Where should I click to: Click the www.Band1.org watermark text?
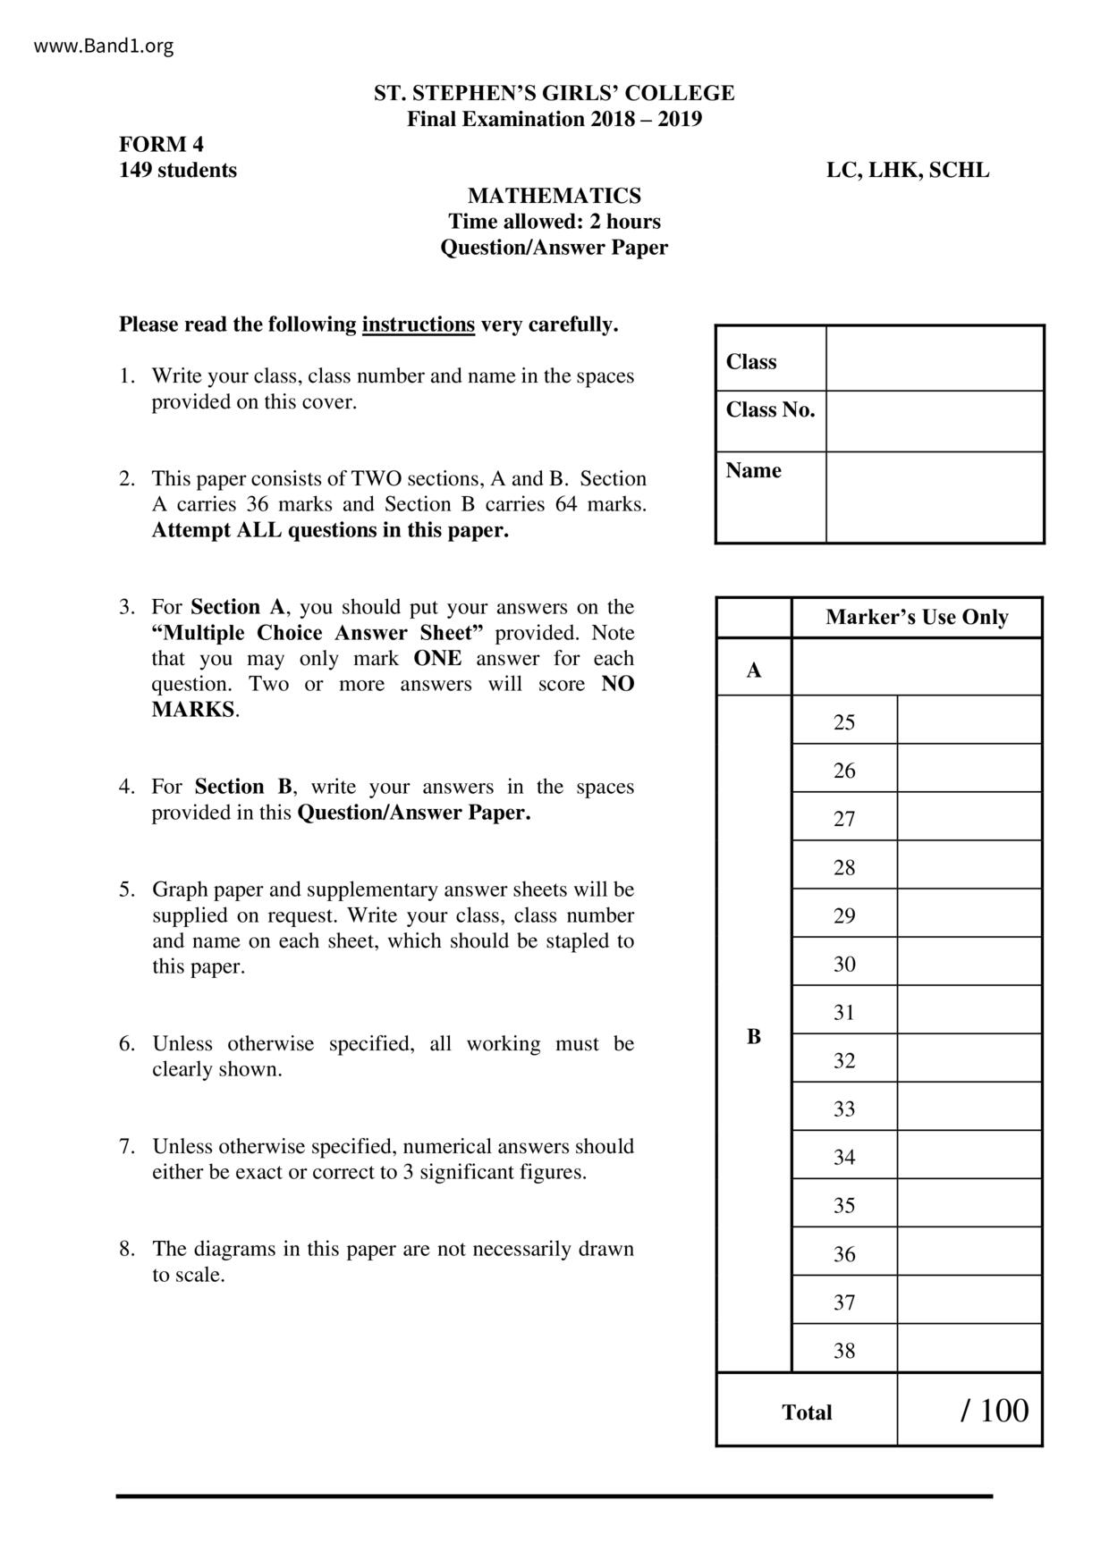point(104,46)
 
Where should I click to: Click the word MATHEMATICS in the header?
point(554,196)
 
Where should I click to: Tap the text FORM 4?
point(162,144)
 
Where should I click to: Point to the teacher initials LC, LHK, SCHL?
point(907,170)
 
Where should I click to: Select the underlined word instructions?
point(418,325)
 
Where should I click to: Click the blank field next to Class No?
point(934,420)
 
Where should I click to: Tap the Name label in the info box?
point(753,470)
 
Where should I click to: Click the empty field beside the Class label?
point(934,358)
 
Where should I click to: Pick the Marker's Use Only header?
point(916,617)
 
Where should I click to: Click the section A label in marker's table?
point(754,670)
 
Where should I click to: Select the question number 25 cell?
point(844,722)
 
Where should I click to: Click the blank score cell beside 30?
point(969,963)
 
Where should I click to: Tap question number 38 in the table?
point(844,1350)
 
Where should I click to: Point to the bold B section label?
point(754,1035)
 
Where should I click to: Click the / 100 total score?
point(994,1411)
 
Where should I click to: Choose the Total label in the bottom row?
point(807,1412)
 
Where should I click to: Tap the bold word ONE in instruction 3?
point(437,659)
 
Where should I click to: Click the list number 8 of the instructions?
point(126,1249)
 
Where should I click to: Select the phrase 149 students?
point(178,170)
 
